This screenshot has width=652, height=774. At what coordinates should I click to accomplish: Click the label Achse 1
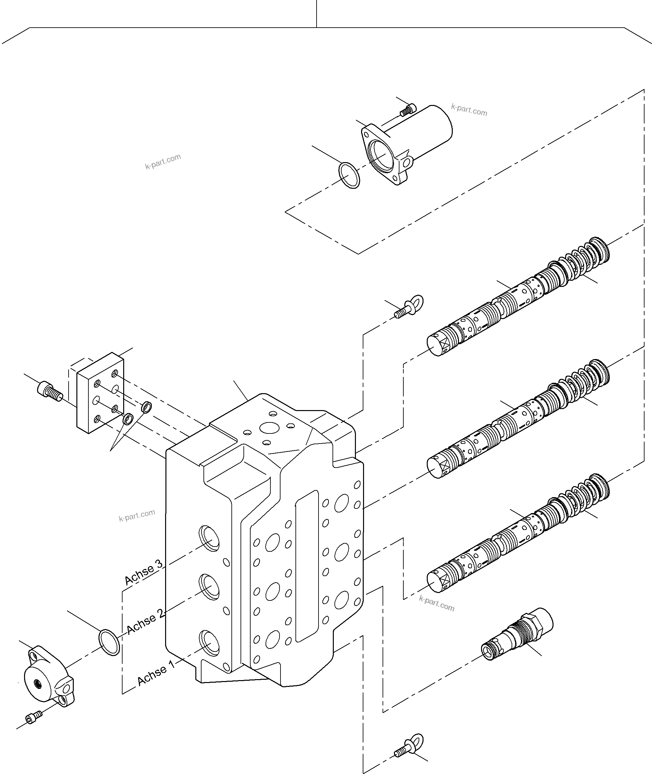click(x=156, y=674)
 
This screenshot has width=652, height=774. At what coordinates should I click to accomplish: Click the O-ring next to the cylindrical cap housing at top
click(x=349, y=175)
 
